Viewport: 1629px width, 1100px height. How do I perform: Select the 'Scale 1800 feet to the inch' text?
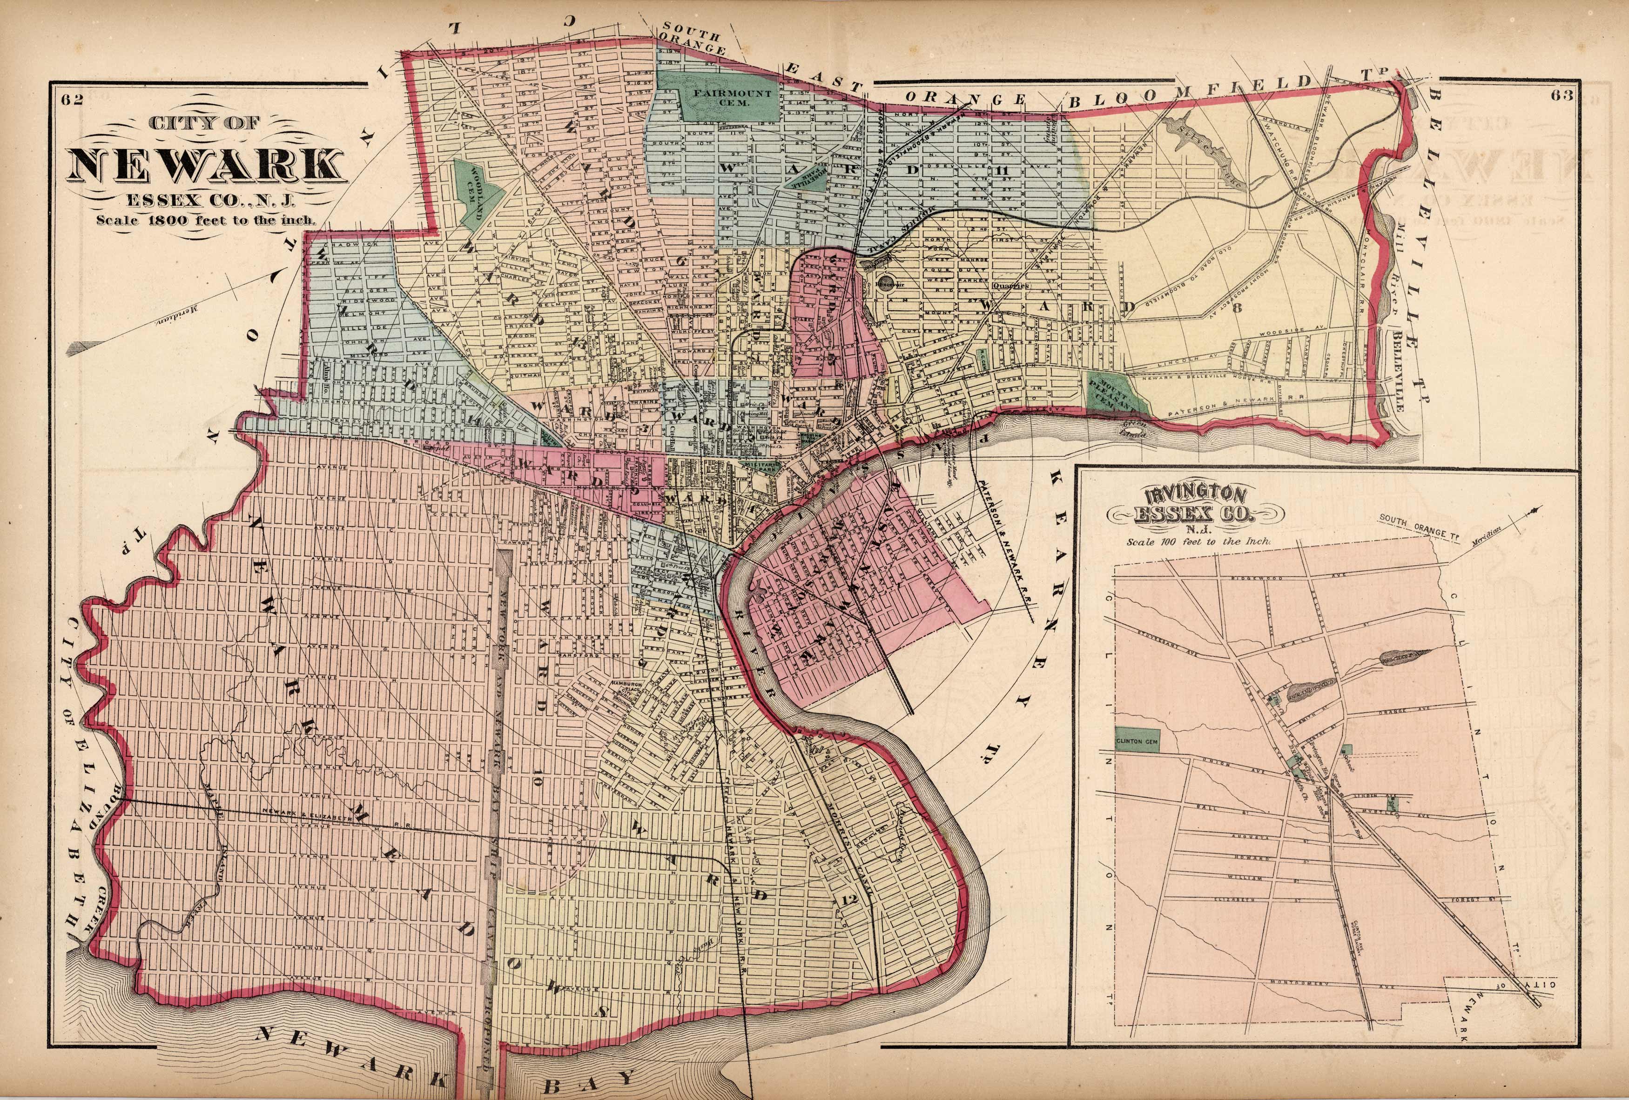click(207, 218)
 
